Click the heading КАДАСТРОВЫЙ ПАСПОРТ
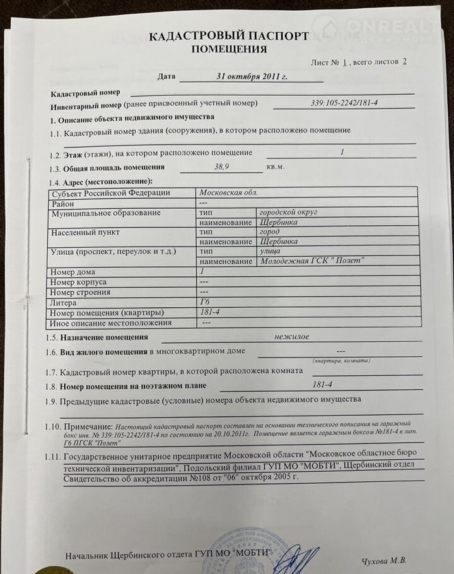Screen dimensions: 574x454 228,36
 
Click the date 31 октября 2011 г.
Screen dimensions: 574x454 252,76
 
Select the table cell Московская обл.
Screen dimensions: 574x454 228,193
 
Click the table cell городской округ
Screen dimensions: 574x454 288,213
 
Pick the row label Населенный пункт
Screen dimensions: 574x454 88,232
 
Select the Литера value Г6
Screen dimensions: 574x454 205,302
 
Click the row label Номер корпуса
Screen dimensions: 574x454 78,282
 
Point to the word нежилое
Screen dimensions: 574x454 292,337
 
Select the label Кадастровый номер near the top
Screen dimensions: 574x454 81,93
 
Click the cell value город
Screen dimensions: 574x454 271,232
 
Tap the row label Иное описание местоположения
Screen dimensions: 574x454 110,322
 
